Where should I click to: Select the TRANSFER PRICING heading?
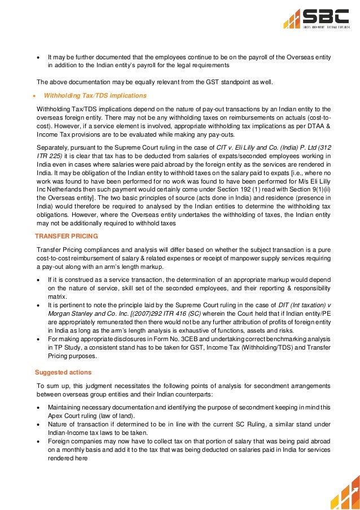[x=67, y=234]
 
